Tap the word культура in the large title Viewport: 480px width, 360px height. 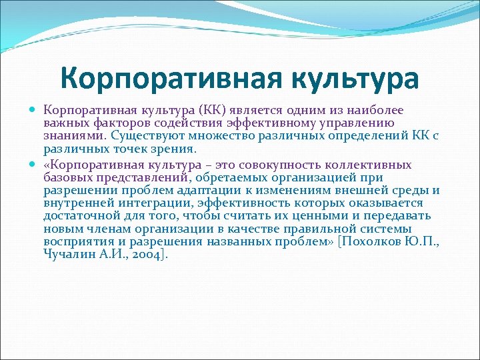354,79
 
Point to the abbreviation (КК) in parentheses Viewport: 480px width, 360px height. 211,110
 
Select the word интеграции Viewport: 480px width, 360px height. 164,203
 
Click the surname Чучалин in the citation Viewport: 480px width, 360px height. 67,254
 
